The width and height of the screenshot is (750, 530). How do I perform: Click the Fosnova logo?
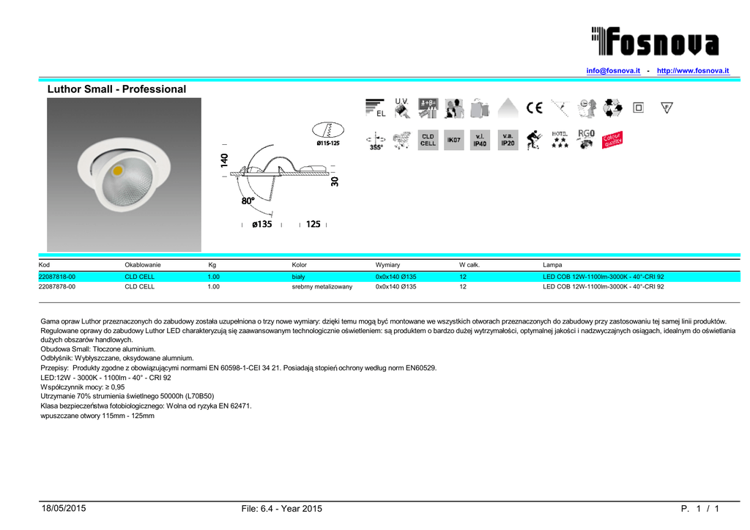click(x=656, y=41)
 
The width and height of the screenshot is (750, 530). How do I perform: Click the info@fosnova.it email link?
click(x=613, y=70)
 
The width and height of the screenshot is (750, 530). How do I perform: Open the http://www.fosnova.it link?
click(x=693, y=70)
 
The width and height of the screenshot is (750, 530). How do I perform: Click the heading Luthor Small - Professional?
click(x=116, y=89)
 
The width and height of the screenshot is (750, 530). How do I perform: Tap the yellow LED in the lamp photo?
click(x=118, y=171)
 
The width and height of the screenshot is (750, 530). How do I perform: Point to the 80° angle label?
click(x=248, y=200)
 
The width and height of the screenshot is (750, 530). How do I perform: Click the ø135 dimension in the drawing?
click(x=261, y=224)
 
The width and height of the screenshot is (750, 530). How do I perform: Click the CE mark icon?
click(x=534, y=108)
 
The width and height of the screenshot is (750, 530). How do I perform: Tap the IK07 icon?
click(x=454, y=140)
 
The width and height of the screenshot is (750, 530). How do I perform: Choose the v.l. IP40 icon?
click(x=480, y=140)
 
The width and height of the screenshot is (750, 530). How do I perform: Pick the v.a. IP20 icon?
click(x=507, y=140)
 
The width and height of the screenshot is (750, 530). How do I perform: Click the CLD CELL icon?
click(x=428, y=140)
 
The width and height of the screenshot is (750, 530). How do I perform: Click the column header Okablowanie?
click(x=143, y=264)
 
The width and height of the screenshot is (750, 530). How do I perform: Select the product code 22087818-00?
click(x=56, y=277)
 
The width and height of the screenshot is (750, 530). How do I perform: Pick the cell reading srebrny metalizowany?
click(x=322, y=287)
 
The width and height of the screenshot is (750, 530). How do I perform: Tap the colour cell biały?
click(x=298, y=277)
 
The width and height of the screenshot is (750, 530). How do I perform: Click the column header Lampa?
click(x=552, y=264)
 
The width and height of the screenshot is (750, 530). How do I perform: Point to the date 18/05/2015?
click(x=63, y=509)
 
